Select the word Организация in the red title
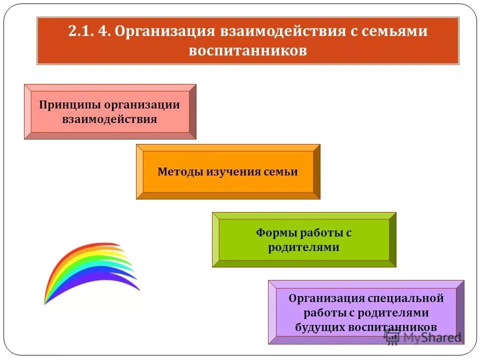(163, 31)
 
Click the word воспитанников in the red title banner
(247, 51)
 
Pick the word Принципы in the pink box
(69, 105)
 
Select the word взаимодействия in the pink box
(109, 119)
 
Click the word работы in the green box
(320, 233)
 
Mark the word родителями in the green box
(303, 247)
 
